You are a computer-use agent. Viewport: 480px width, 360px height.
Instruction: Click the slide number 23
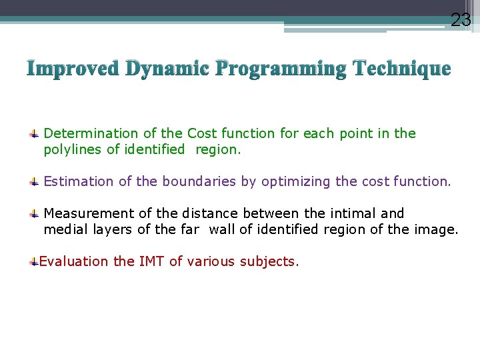[x=461, y=20]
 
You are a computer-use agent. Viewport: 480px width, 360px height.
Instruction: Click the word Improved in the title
[x=73, y=69]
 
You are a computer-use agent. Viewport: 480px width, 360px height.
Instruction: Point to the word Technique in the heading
[x=403, y=69]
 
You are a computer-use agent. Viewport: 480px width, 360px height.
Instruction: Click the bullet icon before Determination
[x=33, y=134]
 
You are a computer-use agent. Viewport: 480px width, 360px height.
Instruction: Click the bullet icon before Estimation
[x=33, y=182]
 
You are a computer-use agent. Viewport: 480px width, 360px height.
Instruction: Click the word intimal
[x=353, y=213]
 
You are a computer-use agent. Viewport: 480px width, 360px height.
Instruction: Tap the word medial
[x=64, y=229]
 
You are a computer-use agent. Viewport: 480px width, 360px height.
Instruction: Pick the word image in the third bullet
[x=439, y=229]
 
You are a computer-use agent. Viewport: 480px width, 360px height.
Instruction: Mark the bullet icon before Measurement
[x=33, y=214]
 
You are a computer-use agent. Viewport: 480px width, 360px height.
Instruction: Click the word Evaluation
[x=73, y=261]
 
